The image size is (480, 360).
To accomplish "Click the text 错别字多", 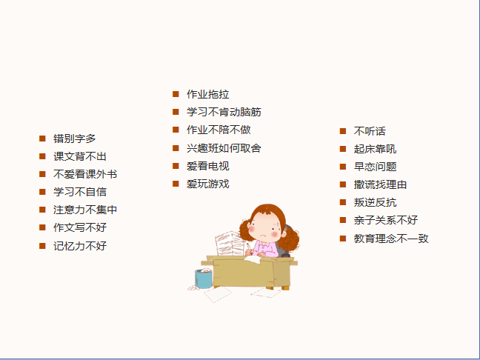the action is click(x=74, y=139).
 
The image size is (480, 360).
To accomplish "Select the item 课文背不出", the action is click(x=79, y=156).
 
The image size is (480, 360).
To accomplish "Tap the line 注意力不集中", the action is click(x=85, y=210).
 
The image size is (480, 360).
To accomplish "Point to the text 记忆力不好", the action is click(x=79, y=246).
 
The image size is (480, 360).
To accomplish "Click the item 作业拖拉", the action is click(x=208, y=94).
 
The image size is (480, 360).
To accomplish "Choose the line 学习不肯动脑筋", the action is click(x=224, y=112).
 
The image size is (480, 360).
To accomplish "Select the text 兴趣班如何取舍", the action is click(x=224, y=148).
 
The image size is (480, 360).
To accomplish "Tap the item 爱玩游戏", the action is click(x=208, y=184).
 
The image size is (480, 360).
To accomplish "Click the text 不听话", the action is click(x=370, y=131).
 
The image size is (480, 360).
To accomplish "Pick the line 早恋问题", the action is click(x=375, y=167).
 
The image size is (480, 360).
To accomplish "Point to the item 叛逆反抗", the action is click(x=375, y=202).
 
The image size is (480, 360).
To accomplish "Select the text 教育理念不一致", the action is click(x=391, y=239).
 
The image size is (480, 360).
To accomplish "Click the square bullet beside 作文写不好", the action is click(x=42, y=227).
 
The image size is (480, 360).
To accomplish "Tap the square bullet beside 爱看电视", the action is click(x=176, y=166).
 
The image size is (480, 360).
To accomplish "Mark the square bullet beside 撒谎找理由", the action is click(x=342, y=184).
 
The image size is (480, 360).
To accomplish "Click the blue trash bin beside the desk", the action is click(x=203, y=279).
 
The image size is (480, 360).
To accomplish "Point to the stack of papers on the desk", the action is click(x=229, y=244).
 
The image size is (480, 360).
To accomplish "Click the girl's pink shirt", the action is click(x=266, y=249).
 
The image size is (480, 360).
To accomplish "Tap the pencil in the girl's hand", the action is click(x=249, y=248).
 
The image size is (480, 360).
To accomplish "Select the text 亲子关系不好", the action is click(x=386, y=220).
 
